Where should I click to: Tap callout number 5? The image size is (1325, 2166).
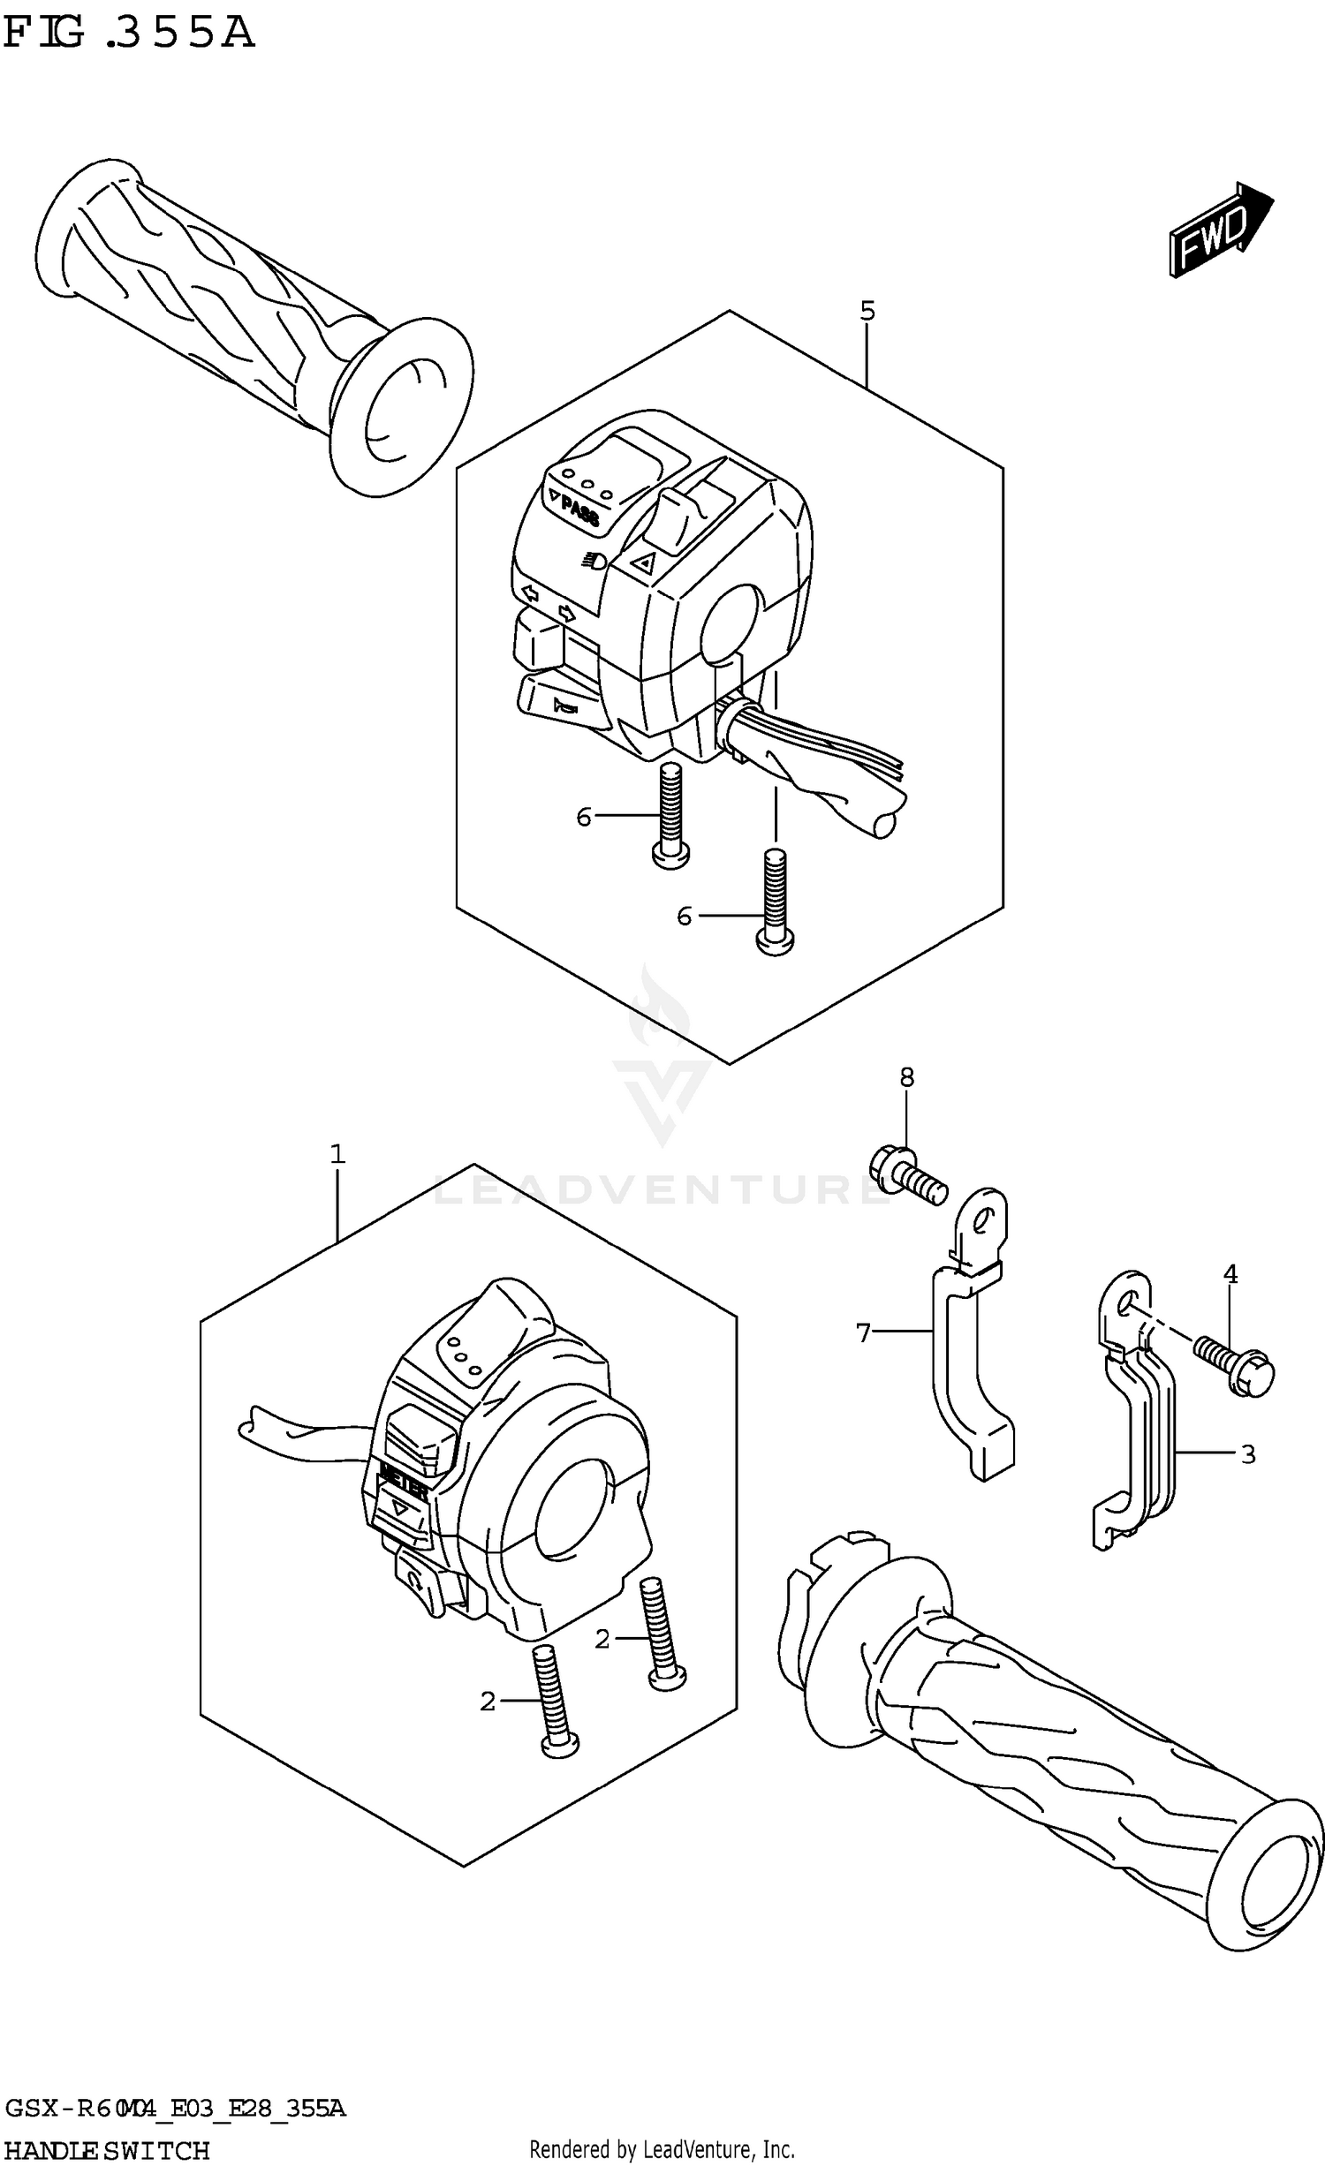(867, 311)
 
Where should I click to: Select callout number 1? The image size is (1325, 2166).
(337, 1154)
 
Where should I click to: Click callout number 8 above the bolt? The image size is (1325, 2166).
(907, 1077)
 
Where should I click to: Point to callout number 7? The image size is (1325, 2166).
(863, 1332)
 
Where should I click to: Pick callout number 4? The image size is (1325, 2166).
(1230, 1274)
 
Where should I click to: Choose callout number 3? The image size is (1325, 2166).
(1247, 1454)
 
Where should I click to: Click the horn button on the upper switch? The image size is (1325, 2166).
(562, 705)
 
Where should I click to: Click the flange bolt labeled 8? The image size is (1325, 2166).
(909, 1174)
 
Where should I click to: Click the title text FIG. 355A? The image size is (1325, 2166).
(128, 34)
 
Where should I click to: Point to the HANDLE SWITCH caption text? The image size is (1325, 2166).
(106, 2150)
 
